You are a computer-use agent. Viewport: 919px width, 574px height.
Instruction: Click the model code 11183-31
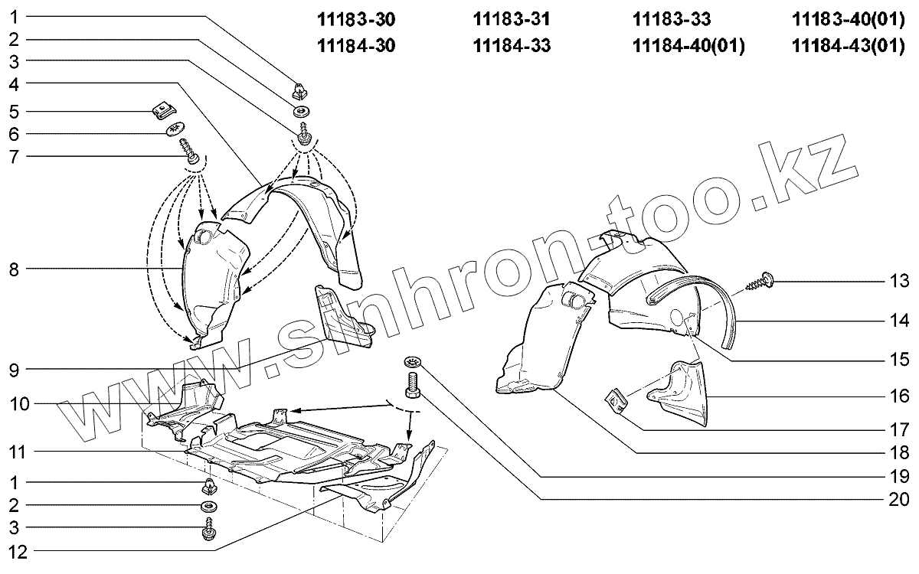(512, 20)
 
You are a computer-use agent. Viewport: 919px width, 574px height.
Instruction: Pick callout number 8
(15, 269)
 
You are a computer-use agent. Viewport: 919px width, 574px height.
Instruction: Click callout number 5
(15, 112)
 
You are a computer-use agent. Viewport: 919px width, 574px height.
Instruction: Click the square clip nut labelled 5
(162, 112)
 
